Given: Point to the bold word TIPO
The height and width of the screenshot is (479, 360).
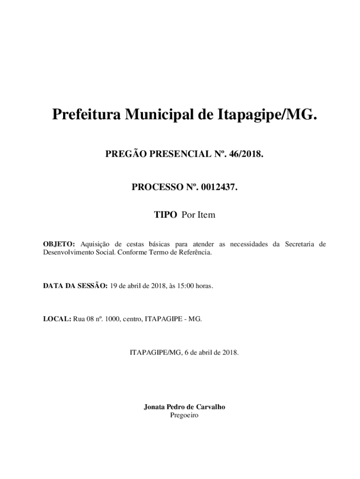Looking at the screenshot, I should [x=166, y=215].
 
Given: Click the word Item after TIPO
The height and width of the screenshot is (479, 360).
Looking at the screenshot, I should [x=206, y=215].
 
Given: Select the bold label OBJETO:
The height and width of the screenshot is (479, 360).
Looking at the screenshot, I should [x=59, y=244].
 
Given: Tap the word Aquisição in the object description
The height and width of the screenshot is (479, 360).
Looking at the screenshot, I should [x=95, y=244].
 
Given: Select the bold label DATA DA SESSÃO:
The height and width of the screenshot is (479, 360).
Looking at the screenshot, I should [x=75, y=285].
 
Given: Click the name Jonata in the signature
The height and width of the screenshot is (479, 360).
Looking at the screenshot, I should [x=155, y=407].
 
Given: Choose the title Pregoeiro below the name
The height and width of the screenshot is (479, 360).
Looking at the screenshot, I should [x=184, y=415].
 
